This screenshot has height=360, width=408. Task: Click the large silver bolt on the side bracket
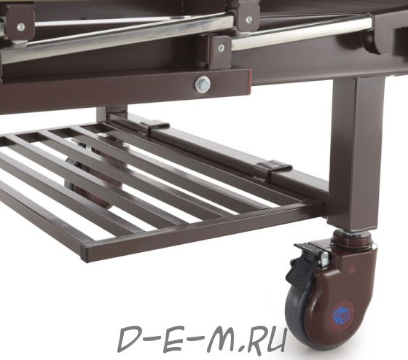(203, 84)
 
